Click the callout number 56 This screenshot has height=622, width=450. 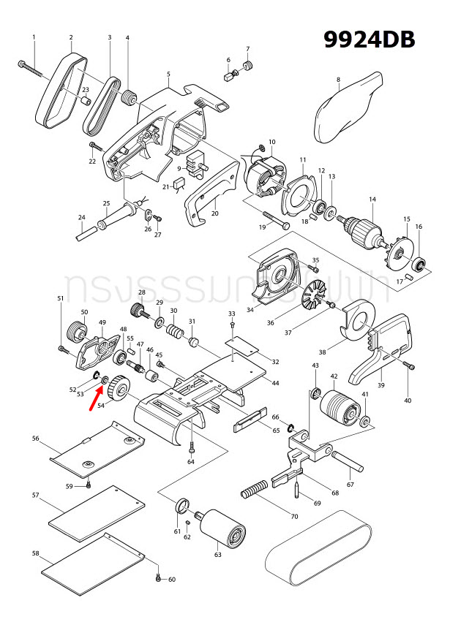[35, 439]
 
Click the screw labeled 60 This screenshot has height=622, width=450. [159, 578]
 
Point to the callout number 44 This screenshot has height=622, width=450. [275, 383]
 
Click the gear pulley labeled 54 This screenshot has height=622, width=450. [117, 384]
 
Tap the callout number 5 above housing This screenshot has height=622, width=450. [168, 74]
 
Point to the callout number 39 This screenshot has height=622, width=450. [380, 385]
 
